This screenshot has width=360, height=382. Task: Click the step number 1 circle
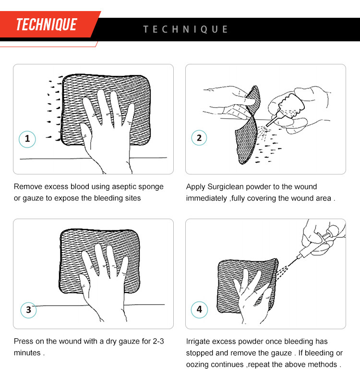click(x=27, y=139)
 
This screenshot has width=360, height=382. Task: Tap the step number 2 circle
click(x=200, y=138)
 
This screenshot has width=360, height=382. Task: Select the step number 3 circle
click(x=28, y=309)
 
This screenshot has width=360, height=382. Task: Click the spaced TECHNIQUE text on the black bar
click(x=186, y=29)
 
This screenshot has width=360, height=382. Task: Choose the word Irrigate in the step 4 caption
click(x=199, y=341)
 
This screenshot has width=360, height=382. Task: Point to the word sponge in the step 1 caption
click(x=152, y=186)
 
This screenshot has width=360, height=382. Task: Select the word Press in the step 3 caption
click(x=24, y=341)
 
